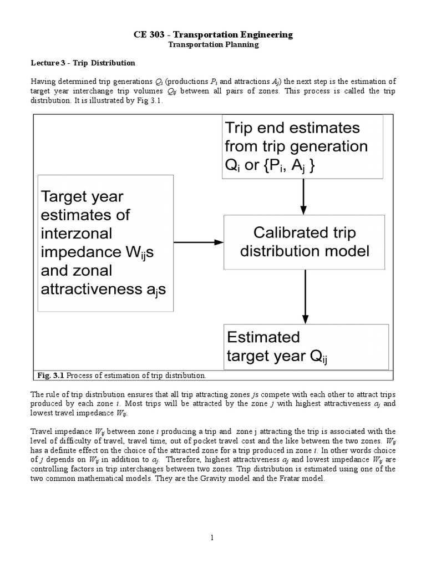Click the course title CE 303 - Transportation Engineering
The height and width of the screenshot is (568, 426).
click(214, 35)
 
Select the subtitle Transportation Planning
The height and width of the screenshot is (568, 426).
click(214, 44)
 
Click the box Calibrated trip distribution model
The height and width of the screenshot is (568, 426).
click(304, 242)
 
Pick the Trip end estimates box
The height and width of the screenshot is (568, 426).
click(303, 146)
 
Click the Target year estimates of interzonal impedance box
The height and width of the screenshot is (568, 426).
click(105, 243)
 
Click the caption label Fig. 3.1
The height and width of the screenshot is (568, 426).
click(53, 376)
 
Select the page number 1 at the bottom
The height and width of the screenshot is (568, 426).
click(213, 537)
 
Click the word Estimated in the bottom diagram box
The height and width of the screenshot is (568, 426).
click(263, 337)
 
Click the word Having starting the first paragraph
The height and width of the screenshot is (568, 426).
click(43, 82)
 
